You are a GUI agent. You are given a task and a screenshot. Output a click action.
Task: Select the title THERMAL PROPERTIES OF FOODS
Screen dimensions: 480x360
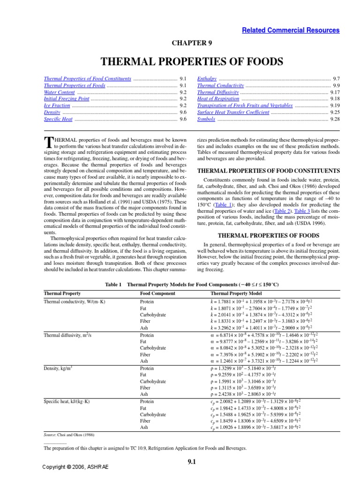(x=193, y=61)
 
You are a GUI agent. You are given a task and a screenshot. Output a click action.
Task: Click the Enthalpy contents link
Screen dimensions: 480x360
(x=207, y=79)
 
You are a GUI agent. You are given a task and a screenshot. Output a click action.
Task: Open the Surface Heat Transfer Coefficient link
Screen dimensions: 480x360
(x=233, y=112)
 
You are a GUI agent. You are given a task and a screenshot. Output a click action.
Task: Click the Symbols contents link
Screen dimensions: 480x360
(x=206, y=119)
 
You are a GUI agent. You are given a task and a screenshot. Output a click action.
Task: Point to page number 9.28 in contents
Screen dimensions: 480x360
(x=335, y=119)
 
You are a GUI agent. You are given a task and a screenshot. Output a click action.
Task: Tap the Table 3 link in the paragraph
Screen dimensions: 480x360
(x=311, y=211)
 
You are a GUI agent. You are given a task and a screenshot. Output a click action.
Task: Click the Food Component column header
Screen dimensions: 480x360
(x=157, y=293)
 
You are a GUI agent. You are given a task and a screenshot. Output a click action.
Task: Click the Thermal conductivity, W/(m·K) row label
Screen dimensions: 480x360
(x=75, y=301)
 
